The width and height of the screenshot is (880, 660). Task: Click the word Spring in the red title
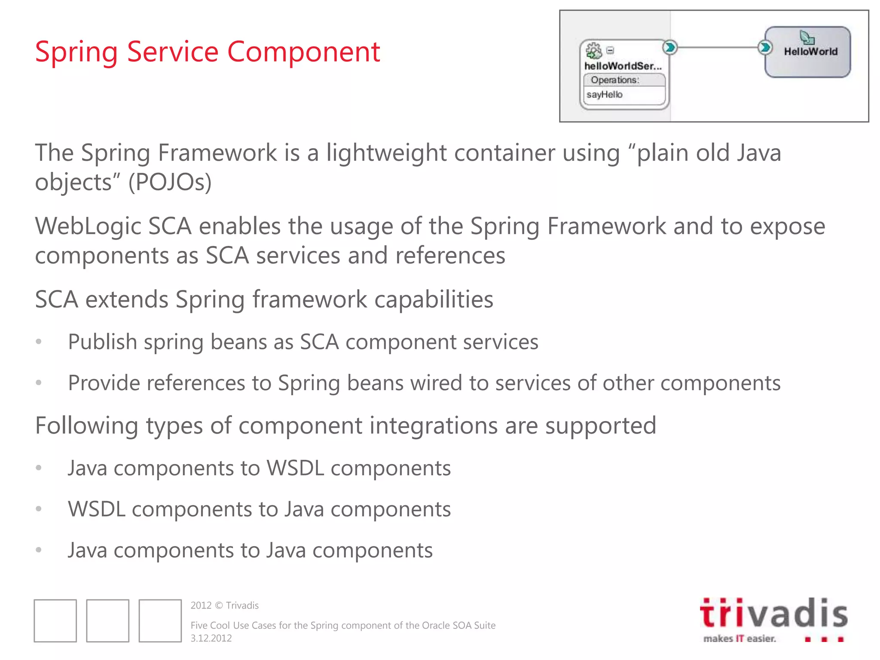[x=76, y=52]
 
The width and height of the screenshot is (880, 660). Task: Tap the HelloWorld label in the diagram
[x=810, y=52]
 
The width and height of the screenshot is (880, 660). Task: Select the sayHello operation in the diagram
[x=604, y=95]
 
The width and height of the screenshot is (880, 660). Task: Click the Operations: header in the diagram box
[x=614, y=80]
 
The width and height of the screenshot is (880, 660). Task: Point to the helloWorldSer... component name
[x=622, y=66]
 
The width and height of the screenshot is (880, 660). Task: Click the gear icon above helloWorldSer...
[x=594, y=50]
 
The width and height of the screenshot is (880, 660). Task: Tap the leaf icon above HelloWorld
[x=807, y=37]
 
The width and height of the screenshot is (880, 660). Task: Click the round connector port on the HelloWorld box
[x=764, y=47]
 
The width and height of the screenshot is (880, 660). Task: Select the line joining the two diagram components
[x=717, y=47]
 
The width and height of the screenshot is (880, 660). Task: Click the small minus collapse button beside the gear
[x=610, y=50]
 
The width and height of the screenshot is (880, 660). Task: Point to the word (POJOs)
[x=170, y=182]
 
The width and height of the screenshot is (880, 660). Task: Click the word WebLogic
[x=88, y=226]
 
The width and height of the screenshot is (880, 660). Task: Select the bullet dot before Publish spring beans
[x=39, y=342]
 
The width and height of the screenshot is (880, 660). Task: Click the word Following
[x=86, y=426]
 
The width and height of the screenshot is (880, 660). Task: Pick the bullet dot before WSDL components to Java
[x=39, y=509]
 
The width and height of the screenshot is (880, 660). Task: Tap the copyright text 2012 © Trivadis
[x=224, y=605]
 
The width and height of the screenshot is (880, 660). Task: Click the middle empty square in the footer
[x=107, y=621]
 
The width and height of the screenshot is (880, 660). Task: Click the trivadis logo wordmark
[x=773, y=614]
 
